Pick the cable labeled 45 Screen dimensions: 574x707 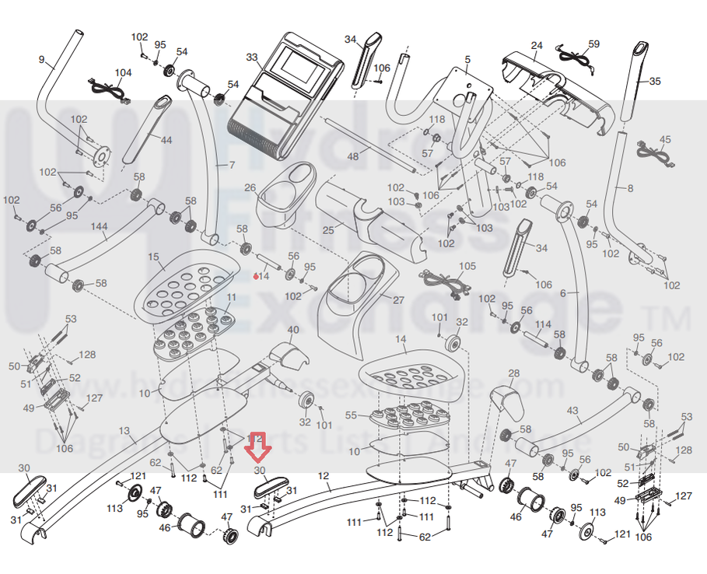655,152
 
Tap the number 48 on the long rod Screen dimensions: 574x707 353,156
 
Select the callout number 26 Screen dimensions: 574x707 250,187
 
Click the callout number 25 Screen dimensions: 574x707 328,230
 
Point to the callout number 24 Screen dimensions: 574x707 537,45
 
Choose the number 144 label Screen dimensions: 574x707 100,226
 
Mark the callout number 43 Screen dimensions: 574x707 572,410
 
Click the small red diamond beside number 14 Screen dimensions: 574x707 256,275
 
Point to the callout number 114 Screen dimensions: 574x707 543,324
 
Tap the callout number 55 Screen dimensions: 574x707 351,415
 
